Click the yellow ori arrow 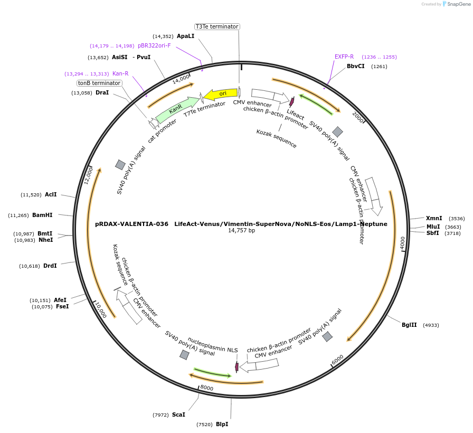pyautogui.click(x=221, y=94)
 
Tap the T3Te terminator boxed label pyautogui.click(x=217, y=26)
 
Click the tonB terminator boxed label pyautogui.click(x=99, y=83)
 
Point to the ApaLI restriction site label pyautogui.click(x=185, y=36)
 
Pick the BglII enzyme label pyautogui.click(x=409, y=325)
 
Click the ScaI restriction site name pyautogui.click(x=178, y=415)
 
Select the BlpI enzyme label pyautogui.click(x=222, y=424)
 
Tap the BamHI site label pyautogui.click(x=42, y=215)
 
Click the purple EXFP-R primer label pyautogui.click(x=344, y=57)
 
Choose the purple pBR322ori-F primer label pyautogui.click(x=154, y=45)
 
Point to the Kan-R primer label pyautogui.click(x=120, y=73)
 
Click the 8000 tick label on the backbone pyautogui.click(x=207, y=388)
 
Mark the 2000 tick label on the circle pyautogui.click(x=358, y=117)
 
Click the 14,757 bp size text pyautogui.click(x=241, y=231)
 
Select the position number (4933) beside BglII pyautogui.click(x=431, y=325)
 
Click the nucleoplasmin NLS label pyautogui.click(x=213, y=345)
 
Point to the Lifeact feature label pyautogui.click(x=295, y=115)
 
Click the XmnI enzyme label pyautogui.click(x=434, y=218)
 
